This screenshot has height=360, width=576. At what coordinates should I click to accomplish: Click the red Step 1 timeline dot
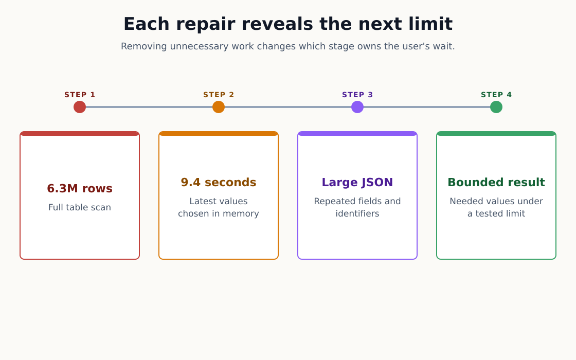[80, 107]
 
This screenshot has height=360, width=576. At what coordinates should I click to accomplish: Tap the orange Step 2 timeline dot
[219, 107]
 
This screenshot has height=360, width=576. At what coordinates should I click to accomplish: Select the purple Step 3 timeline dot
[357, 107]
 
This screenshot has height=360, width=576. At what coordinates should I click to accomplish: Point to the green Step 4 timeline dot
[496, 107]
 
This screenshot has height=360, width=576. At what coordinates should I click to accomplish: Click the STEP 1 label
[80, 95]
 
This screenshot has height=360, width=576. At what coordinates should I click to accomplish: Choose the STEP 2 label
[219, 95]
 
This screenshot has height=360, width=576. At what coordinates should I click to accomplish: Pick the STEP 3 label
[357, 95]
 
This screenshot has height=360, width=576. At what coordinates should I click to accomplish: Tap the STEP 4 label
[496, 95]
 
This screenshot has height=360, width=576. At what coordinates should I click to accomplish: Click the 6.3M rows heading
[80, 188]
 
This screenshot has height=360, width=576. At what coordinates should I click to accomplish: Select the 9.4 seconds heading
[219, 182]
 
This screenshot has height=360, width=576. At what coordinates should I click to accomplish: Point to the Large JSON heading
[357, 182]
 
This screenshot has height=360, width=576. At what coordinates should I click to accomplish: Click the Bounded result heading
[496, 182]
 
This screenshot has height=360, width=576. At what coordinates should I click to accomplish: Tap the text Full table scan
[80, 207]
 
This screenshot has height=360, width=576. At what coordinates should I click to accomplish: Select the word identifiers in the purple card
[357, 213]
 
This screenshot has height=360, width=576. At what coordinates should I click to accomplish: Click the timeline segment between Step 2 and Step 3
[288, 107]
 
